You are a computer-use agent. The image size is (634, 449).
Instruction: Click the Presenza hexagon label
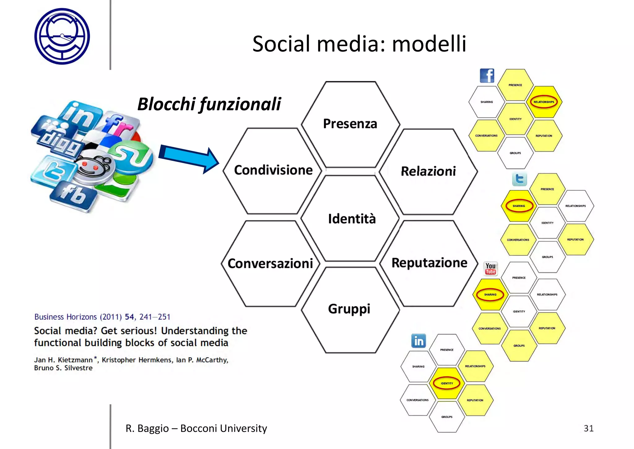tap(350, 124)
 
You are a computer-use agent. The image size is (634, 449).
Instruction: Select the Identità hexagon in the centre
tap(352, 219)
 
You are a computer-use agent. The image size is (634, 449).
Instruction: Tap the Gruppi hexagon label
tap(349, 309)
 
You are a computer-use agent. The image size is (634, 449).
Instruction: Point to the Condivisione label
tap(273, 170)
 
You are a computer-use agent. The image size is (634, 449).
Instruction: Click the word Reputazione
tap(429, 263)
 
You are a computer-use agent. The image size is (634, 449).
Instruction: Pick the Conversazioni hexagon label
tap(270, 264)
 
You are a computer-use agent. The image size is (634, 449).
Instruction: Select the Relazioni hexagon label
tap(428, 171)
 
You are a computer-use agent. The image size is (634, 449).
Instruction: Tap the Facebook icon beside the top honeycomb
tap(487, 76)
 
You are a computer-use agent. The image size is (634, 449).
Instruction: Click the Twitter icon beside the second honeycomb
tap(519, 179)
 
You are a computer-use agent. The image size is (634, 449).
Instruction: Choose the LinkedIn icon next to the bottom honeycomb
tap(419, 341)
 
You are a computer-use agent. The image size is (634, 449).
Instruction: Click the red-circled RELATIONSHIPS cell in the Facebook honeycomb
tap(544, 102)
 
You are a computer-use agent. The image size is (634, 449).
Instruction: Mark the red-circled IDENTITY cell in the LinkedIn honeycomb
tap(447, 383)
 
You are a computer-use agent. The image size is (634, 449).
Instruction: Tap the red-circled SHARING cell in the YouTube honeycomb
tap(490, 295)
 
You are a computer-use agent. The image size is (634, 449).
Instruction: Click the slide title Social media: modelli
tap(359, 44)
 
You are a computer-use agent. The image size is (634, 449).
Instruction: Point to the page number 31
tap(588, 428)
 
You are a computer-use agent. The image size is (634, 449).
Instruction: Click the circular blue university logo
tap(62, 36)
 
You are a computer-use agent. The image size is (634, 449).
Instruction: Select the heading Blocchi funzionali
tap(209, 104)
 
